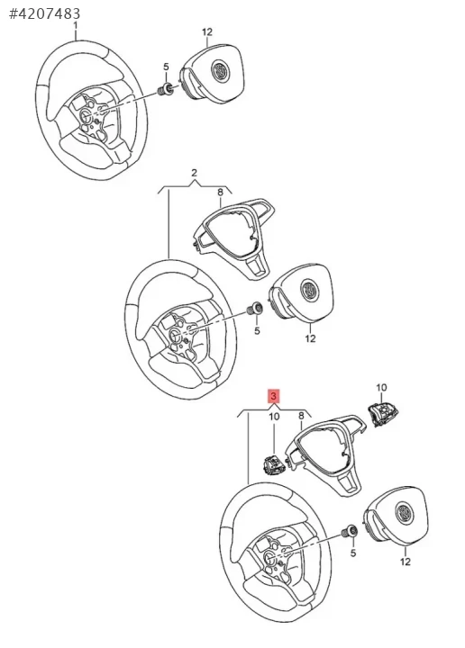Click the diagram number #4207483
point(45,13)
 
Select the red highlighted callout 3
point(274,396)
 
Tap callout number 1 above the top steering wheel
point(76,25)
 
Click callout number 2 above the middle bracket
point(195,173)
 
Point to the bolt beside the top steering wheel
point(167,88)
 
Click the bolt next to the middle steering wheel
point(254,309)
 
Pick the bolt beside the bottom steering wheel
point(351,531)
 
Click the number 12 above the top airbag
point(207,31)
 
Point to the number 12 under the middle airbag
point(310,338)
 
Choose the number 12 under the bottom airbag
point(406,562)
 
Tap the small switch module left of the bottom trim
point(273,463)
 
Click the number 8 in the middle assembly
point(220,192)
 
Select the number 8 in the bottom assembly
point(301,416)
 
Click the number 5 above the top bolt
point(166,67)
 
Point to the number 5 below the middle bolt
point(257,330)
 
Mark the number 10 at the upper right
point(381,388)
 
